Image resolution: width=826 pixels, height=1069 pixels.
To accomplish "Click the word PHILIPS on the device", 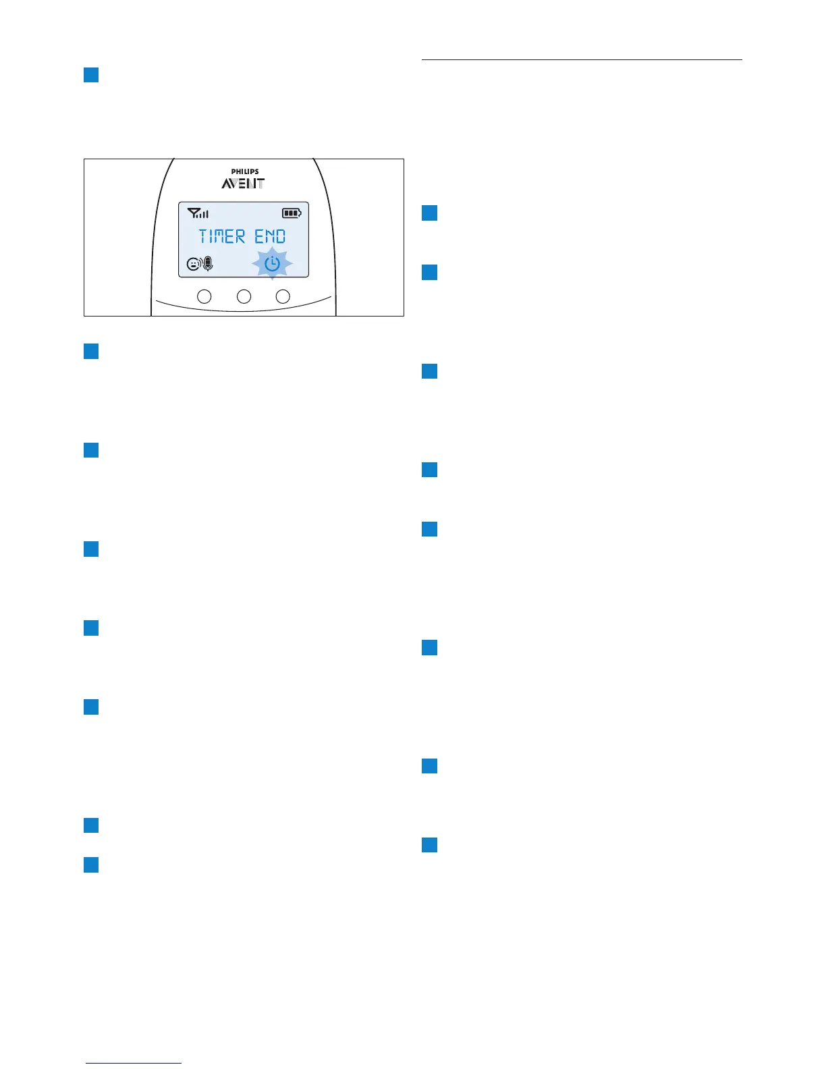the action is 244,171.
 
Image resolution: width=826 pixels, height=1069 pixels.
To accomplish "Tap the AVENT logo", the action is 243,184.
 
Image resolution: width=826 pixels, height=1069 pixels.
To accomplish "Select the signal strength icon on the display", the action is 198,213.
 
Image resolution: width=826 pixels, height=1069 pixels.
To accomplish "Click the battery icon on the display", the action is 292,213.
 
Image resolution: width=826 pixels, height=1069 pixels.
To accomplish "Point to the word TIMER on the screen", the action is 222,237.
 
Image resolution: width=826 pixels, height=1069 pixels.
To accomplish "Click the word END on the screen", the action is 270,237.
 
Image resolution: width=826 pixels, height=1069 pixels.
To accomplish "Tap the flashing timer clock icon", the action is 272,263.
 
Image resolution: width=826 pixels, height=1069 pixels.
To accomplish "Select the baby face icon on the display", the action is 194,265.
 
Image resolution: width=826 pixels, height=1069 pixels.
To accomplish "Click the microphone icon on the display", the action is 207,265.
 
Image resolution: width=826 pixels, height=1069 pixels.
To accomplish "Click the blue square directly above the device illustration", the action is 91,74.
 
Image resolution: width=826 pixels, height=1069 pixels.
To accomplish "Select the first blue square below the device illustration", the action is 91,351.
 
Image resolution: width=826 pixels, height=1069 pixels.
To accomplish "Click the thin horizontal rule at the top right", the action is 582,60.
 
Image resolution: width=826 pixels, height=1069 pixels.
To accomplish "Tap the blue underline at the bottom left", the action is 134,1063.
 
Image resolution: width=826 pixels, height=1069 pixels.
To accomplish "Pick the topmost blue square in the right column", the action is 429,213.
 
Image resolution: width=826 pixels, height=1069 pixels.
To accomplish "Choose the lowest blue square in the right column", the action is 429,844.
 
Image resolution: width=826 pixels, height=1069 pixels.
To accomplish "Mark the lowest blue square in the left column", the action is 91,865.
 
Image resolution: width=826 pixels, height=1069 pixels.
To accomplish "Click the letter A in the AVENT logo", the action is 227,184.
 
